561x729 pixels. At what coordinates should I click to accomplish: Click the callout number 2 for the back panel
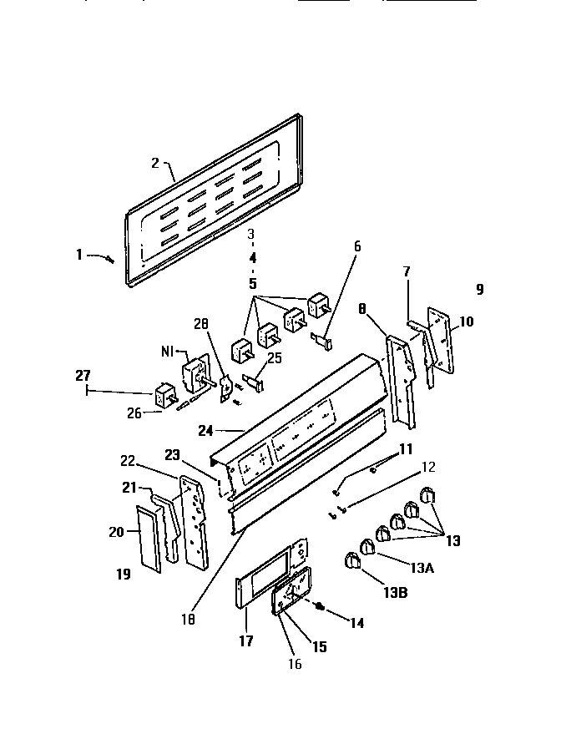pyautogui.click(x=155, y=163)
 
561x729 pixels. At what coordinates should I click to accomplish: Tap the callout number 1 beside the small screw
pyautogui.click(x=80, y=255)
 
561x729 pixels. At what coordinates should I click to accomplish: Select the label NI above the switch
pyautogui.click(x=166, y=352)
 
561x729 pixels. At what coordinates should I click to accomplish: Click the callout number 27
pyautogui.click(x=83, y=377)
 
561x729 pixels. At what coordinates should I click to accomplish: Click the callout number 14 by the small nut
pyautogui.click(x=357, y=623)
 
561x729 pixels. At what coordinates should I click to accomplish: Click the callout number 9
pyautogui.click(x=479, y=290)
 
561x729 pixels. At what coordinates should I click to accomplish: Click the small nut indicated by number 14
pyautogui.click(x=320, y=607)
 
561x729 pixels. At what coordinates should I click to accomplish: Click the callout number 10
pyautogui.click(x=466, y=321)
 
